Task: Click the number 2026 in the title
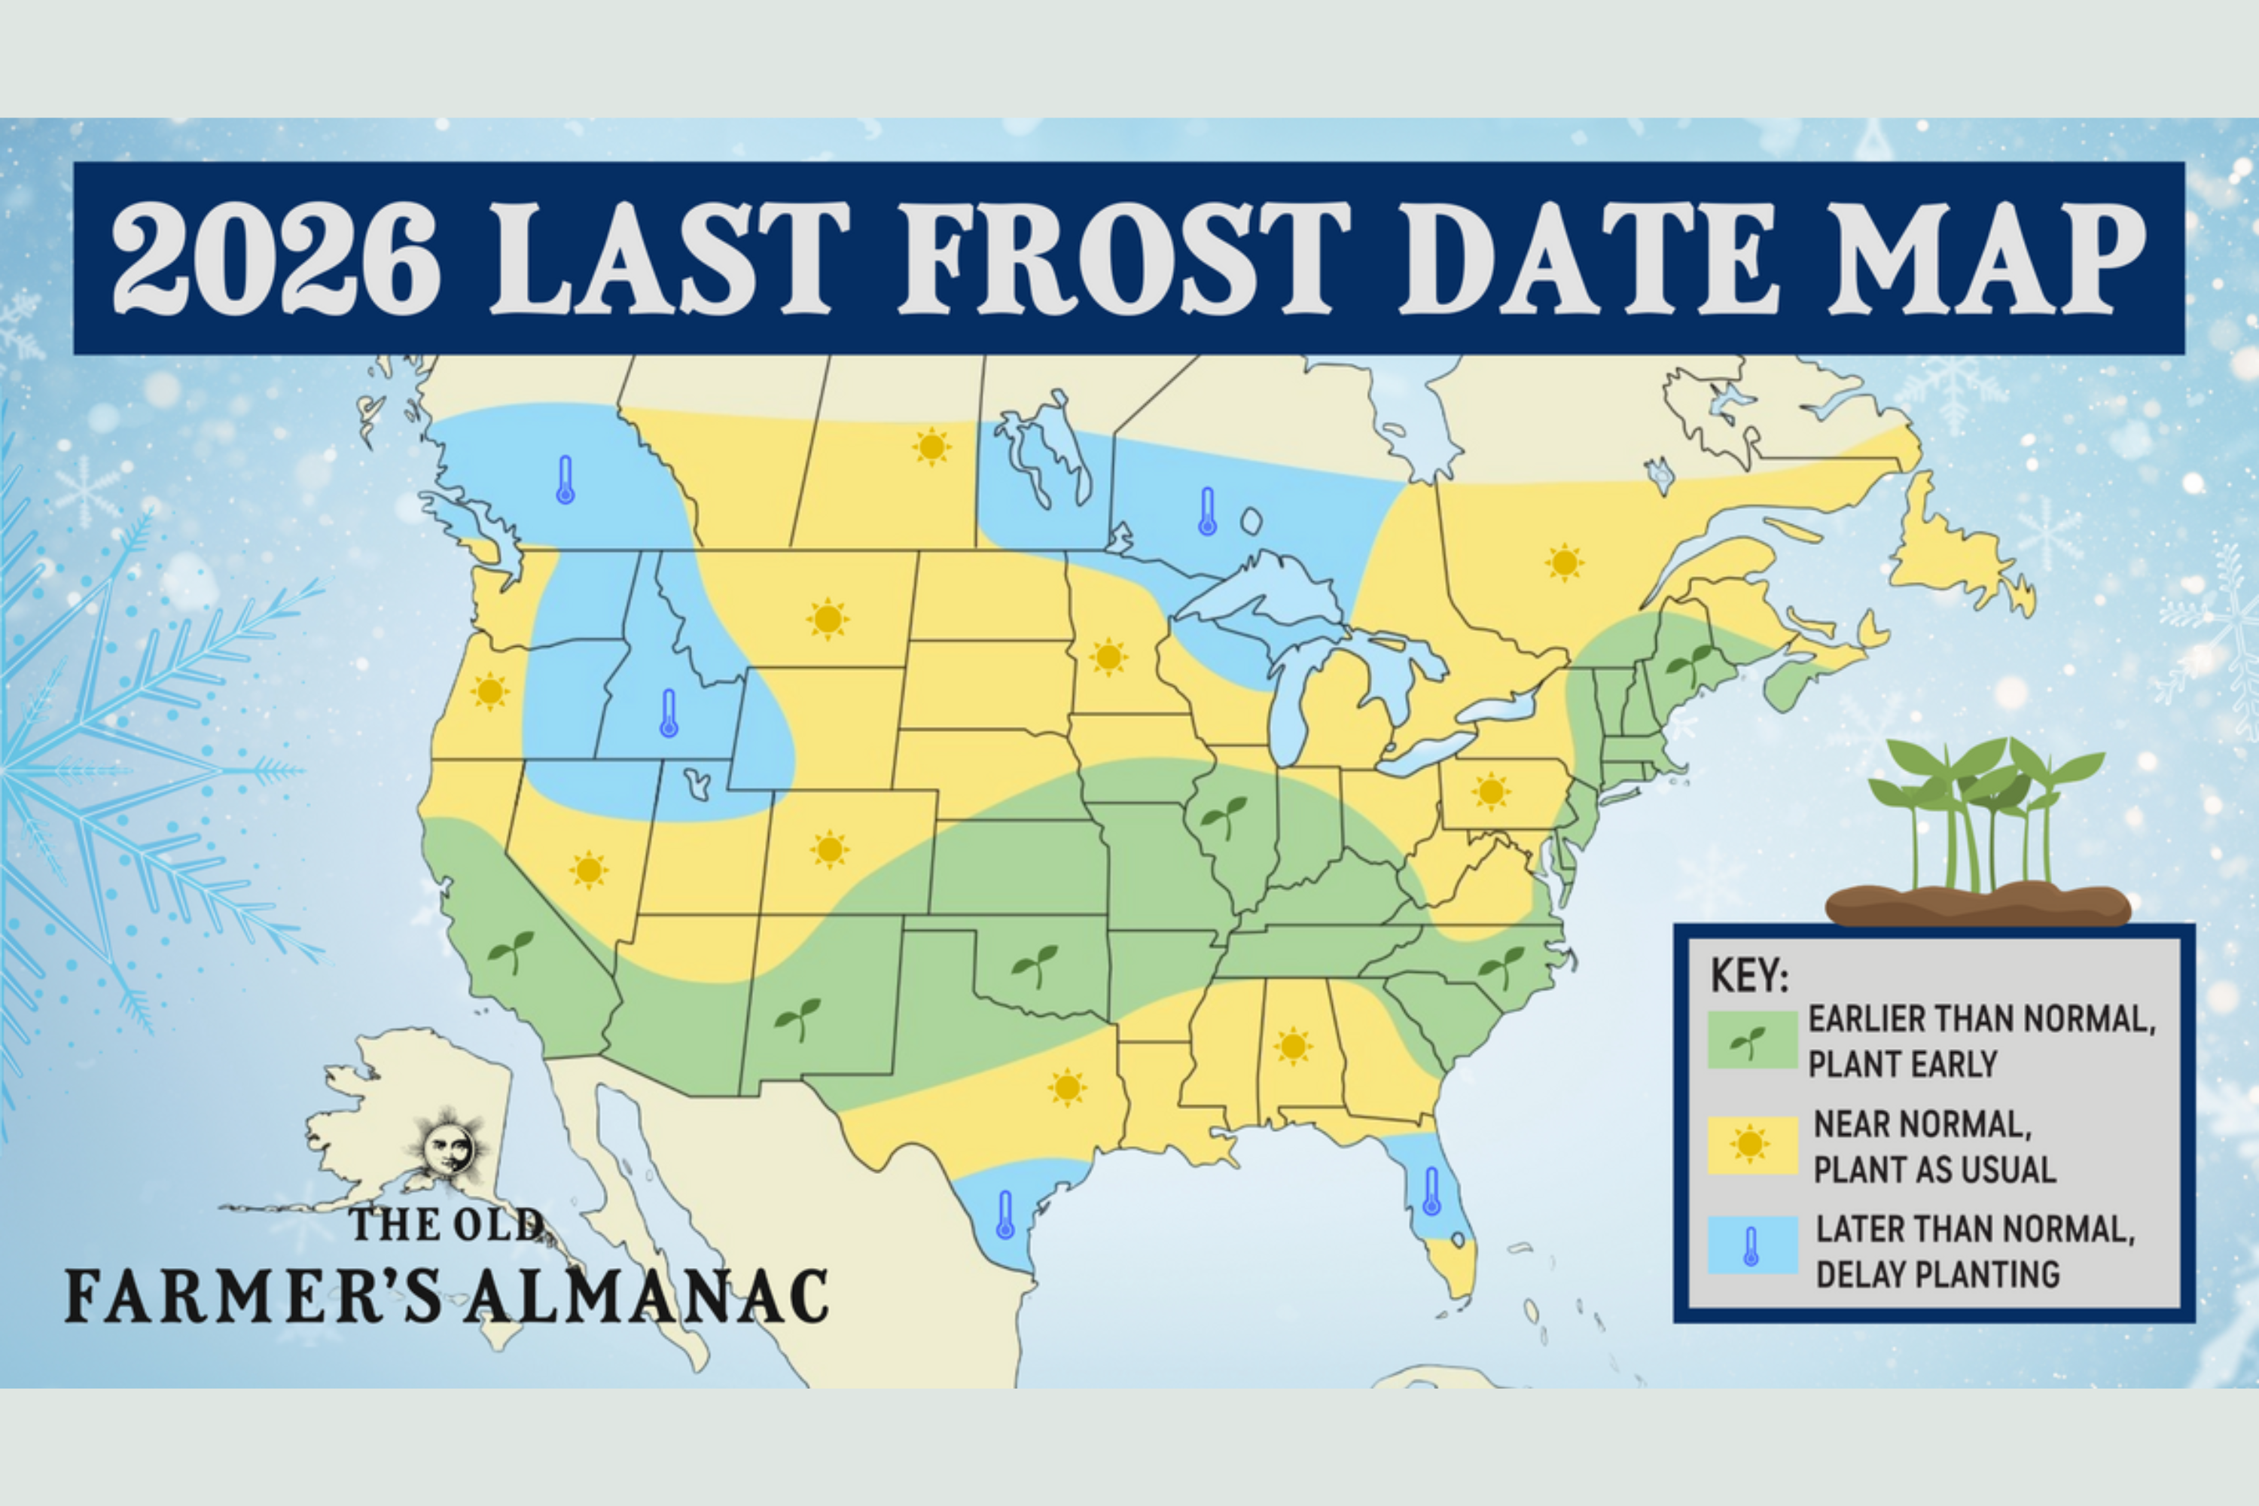[x=276, y=259]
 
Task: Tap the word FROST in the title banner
[x=1123, y=259]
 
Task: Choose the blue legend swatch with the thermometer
[x=1752, y=1245]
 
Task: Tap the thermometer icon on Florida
[x=1431, y=1192]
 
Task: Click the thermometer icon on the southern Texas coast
[x=1005, y=1215]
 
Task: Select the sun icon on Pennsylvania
[x=1491, y=791]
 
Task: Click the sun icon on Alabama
[x=1293, y=1046]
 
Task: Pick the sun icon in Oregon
[x=490, y=691]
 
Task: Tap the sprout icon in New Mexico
[x=798, y=1018]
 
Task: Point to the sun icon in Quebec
[x=1565, y=562]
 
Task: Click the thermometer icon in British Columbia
[x=565, y=480]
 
